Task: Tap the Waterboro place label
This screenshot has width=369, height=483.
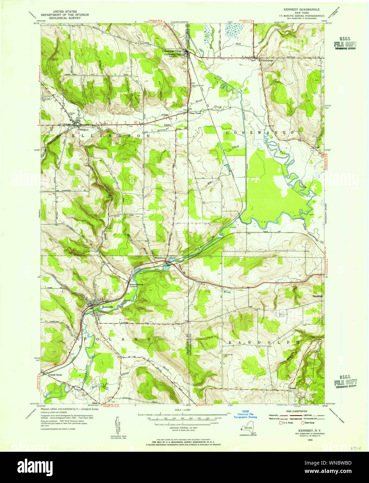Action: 160,258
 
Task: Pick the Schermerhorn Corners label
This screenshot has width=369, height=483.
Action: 135,286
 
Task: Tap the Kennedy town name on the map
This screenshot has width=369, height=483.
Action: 108,308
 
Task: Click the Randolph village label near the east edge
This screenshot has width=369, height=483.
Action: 318,296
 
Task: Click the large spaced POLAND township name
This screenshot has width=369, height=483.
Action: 115,338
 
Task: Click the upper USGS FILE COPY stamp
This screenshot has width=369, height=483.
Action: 346,43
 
